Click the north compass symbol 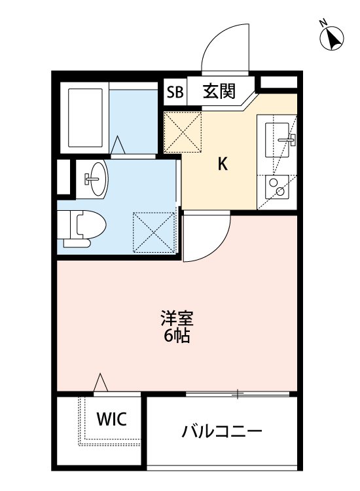coord(333,37)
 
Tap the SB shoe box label coord(175,92)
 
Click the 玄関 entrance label coord(219,91)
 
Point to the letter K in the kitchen coord(223,165)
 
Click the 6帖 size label coord(177,338)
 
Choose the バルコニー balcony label coord(223,431)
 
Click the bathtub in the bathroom coord(86,117)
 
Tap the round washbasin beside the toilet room coord(94,177)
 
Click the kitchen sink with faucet coord(281,138)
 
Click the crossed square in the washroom coord(154,230)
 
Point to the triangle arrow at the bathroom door coord(118,145)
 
